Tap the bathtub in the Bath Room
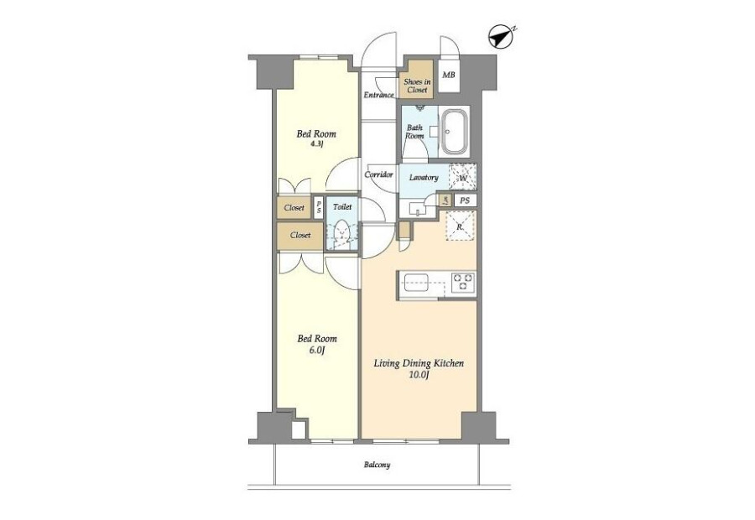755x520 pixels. tap(455, 132)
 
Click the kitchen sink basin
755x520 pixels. tap(416, 283)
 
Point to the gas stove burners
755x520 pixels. tap(463, 282)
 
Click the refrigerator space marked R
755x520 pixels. tap(461, 226)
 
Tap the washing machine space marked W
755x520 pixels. tap(463, 178)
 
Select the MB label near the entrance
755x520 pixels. tap(449, 75)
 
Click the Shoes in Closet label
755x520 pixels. tap(416, 86)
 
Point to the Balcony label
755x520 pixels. tap(377, 465)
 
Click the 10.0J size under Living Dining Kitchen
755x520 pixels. tap(419, 375)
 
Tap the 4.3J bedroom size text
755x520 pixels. tap(316, 143)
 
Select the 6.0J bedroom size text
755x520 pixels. tap(316, 350)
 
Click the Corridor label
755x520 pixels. tap(378, 174)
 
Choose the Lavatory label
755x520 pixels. tap(424, 177)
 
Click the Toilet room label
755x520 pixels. tap(342, 206)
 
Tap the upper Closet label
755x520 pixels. tap(294, 207)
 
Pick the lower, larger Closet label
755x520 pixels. tap(300, 235)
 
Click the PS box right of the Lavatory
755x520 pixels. tap(465, 200)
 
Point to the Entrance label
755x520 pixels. tap(378, 95)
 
